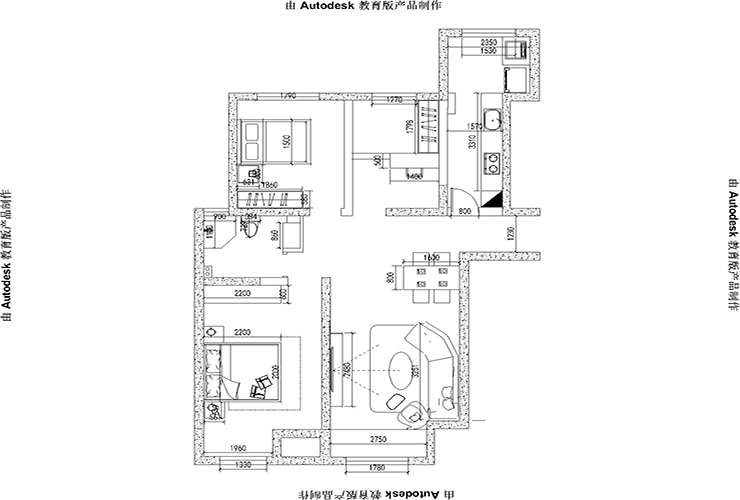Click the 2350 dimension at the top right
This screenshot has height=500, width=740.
(488, 43)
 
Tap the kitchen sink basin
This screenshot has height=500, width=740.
(492, 122)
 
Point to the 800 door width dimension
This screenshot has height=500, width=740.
(465, 212)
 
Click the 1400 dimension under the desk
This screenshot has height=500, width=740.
(412, 176)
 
